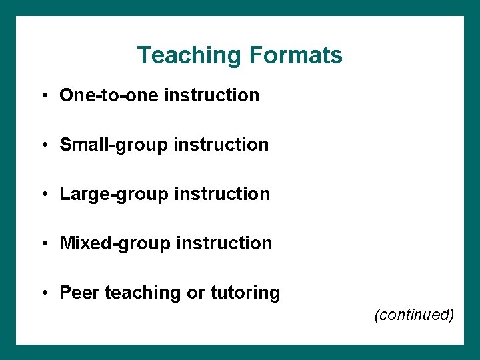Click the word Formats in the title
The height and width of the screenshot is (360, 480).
(x=295, y=55)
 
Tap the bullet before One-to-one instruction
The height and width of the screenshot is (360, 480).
(x=43, y=95)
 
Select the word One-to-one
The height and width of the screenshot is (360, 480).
(x=109, y=95)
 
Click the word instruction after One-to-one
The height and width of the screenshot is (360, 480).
(x=211, y=95)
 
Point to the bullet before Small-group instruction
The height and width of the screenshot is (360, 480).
(x=43, y=145)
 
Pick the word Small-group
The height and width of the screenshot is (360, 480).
(x=114, y=145)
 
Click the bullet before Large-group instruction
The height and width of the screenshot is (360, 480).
(x=43, y=194)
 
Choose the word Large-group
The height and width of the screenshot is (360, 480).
(x=115, y=194)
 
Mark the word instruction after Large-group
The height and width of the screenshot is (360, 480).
(x=222, y=194)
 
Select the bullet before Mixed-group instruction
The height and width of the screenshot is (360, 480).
(x=43, y=243)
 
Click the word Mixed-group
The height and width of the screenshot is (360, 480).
(x=115, y=243)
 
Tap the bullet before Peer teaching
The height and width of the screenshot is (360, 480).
(x=43, y=293)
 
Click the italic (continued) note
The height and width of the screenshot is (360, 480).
(x=414, y=315)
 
